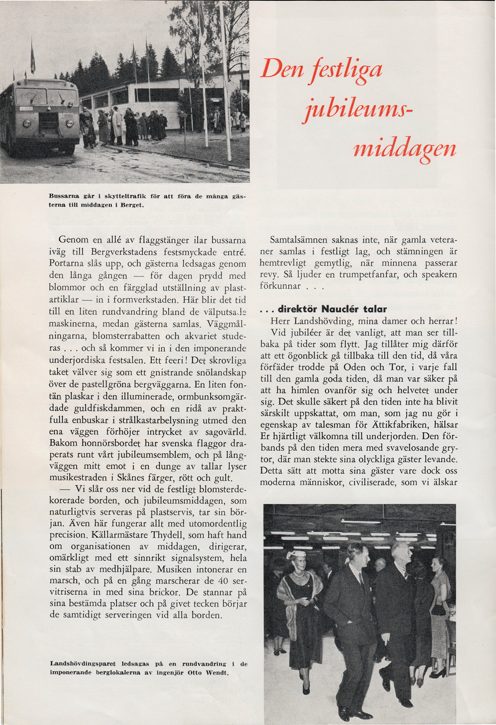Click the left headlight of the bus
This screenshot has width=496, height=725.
point(27,123)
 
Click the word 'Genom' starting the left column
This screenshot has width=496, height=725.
point(72,240)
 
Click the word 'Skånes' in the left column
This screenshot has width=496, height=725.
point(134,478)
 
